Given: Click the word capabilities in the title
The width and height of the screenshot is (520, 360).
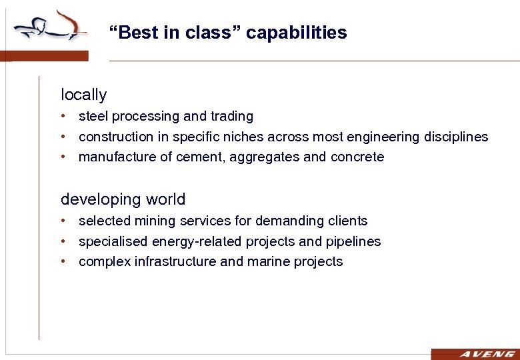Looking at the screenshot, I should click(x=297, y=33).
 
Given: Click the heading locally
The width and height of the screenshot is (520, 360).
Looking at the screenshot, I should click(x=83, y=95).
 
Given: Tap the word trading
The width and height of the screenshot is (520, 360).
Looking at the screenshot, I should click(x=231, y=117).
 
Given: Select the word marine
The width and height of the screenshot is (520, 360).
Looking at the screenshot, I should click(x=269, y=262).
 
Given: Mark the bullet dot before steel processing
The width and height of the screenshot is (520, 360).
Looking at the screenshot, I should click(x=63, y=117).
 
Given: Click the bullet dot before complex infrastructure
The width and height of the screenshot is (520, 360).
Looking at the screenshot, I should click(x=63, y=262).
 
